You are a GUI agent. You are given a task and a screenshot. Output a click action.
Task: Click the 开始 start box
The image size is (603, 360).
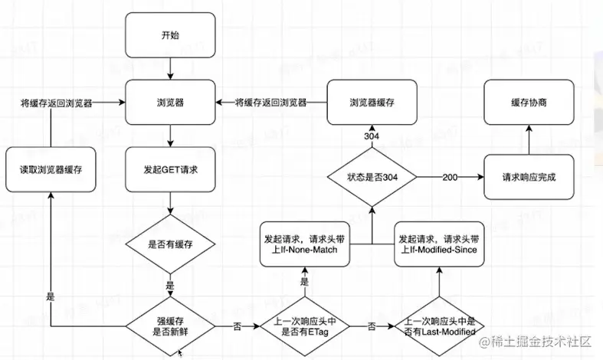(x=170, y=35)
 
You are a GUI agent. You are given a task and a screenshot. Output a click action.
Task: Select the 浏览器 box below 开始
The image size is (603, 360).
(x=170, y=103)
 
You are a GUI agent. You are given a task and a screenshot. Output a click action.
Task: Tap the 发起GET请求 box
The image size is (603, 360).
(x=170, y=169)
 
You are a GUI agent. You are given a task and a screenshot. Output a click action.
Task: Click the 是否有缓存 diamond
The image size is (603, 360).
(x=170, y=244)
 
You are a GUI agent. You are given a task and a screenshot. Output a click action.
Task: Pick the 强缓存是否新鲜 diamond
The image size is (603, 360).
(x=170, y=326)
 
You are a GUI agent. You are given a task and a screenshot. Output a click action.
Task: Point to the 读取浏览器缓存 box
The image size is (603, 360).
(x=51, y=169)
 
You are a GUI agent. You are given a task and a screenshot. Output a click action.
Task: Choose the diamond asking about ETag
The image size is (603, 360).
(x=305, y=326)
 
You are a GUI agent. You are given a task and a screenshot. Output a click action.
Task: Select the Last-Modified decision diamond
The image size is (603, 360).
(x=440, y=326)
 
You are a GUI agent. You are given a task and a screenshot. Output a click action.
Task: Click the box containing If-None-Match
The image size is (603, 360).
(x=305, y=244)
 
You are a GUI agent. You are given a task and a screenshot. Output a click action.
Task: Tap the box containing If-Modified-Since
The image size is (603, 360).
(x=439, y=244)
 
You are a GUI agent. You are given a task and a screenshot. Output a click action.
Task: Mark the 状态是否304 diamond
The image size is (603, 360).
(x=372, y=177)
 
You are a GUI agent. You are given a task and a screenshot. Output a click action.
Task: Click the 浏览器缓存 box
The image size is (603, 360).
(x=372, y=103)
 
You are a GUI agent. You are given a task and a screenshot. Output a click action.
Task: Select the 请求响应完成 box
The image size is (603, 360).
(x=529, y=177)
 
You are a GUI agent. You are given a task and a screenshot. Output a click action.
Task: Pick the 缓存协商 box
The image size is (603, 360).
(x=529, y=103)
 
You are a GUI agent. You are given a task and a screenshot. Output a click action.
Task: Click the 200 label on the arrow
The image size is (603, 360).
(x=450, y=177)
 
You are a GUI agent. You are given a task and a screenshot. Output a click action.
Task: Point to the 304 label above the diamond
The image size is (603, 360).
(x=372, y=136)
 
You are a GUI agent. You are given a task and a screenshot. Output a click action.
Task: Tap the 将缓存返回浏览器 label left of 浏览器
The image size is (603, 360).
(x=56, y=103)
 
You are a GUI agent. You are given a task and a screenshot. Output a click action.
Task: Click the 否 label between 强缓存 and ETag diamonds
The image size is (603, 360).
(x=238, y=326)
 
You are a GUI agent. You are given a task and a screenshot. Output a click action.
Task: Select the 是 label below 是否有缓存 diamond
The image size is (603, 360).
(x=170, y=286)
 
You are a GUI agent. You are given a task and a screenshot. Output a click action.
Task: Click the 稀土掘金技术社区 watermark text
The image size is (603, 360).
(x=536, y=342)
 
